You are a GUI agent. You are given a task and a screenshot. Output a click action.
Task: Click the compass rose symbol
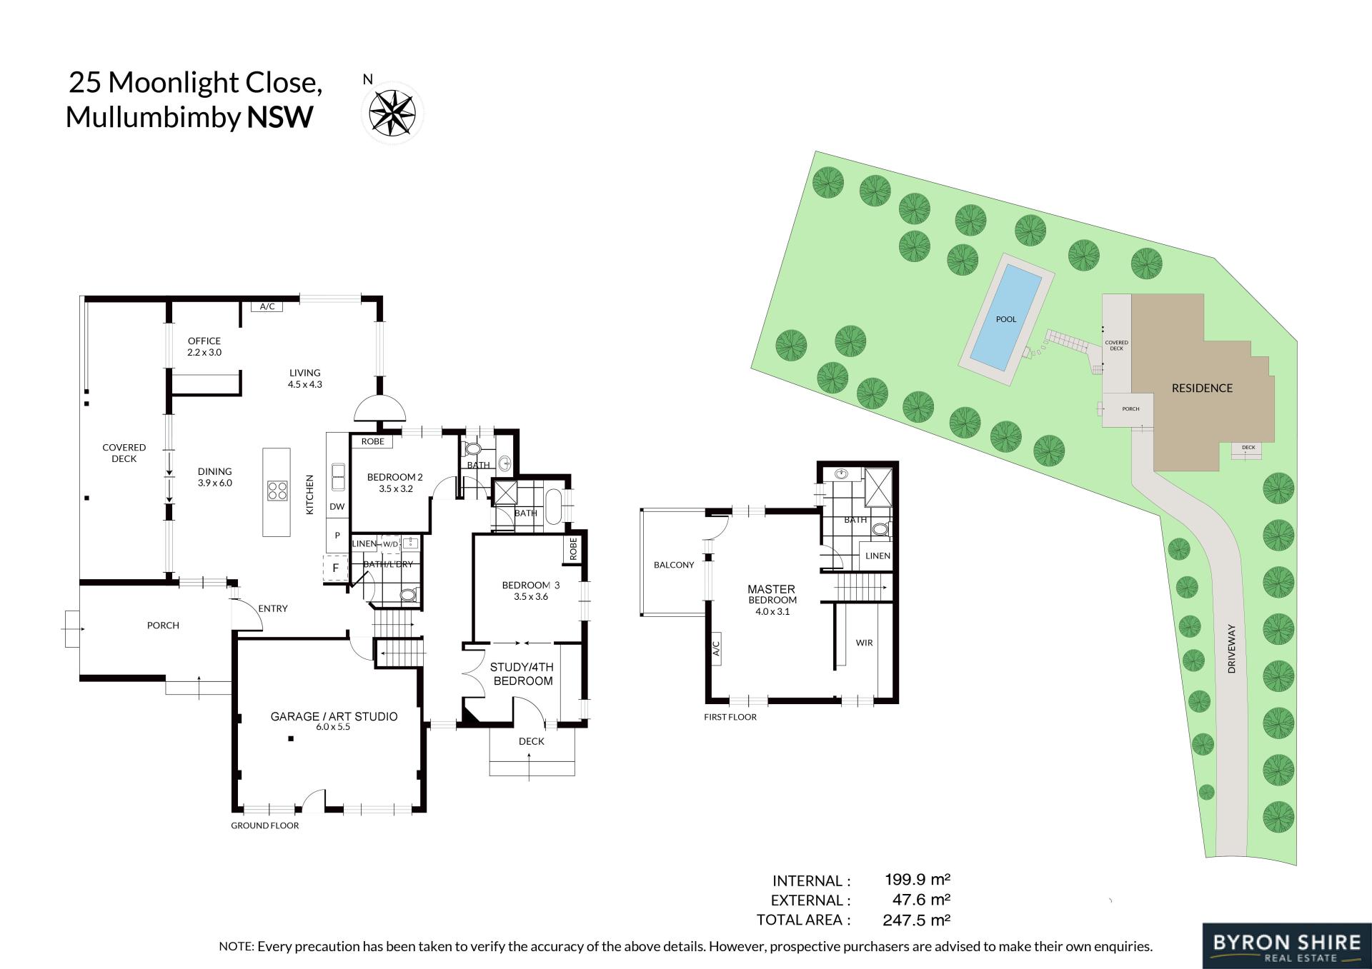coord(392,113)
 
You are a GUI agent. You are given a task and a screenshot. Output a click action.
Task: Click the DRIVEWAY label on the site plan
coord(1231,648)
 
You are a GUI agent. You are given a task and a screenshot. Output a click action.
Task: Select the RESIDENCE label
coord(1202,388)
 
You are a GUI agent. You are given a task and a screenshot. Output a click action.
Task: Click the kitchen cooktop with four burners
coord(277,491)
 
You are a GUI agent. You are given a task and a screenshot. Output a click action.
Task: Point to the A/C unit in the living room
coord(267,306)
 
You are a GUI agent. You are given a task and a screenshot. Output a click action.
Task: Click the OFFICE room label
coord(204,341)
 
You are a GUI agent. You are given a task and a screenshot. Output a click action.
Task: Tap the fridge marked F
coord(335,569)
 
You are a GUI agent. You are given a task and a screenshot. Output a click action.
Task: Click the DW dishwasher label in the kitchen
coord(337,507)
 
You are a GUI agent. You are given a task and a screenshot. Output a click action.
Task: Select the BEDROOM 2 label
coord(395,477)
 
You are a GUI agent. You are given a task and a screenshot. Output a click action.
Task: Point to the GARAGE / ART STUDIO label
coord(334,716)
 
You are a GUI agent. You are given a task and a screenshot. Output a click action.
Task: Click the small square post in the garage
coord(291,739)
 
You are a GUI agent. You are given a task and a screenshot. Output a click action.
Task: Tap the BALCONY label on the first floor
coord(674,565)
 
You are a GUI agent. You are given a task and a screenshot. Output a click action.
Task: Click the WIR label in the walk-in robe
coord(864,643)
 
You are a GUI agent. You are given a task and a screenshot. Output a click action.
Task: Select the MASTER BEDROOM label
coord(772,594)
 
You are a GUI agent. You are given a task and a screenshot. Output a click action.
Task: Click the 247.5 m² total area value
coord(916,920)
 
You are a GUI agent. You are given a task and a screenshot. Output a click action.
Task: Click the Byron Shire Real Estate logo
coord(1286,946)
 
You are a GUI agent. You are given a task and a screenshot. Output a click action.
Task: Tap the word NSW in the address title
coord(280,117)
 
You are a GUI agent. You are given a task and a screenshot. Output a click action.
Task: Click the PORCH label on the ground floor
coord(163,626)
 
